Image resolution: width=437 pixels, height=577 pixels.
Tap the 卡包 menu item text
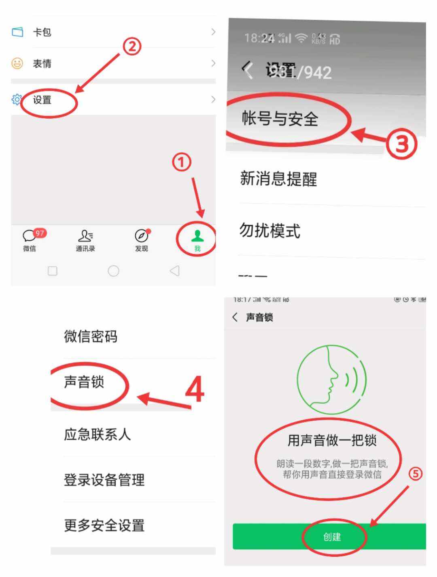[x=42, y=32]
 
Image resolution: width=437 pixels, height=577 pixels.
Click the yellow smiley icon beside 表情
[x=17, y=63]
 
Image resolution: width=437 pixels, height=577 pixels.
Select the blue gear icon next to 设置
[x=17, y=99]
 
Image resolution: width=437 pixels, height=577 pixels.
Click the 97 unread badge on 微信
[x=40, y=233]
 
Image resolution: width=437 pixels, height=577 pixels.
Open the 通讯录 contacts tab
[x=85, y=240]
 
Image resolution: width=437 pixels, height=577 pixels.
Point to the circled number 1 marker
[x=182, y=162]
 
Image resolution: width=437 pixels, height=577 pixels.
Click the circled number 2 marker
[x=132, y=47]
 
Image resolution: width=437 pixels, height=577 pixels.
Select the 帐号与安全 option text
[x=280, y=119]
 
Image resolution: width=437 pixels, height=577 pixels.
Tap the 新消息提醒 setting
[x=278, y=178]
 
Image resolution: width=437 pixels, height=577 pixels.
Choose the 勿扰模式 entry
[x=269, y=231]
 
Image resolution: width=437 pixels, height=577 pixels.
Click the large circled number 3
[x=401, y=144]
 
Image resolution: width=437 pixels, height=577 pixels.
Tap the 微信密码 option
[x=91, y=336]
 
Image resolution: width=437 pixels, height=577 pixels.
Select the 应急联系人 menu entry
[x=97, y=434]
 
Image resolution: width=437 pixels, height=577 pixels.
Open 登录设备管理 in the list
[x=104, y=480]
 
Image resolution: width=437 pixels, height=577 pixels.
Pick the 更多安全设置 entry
[x=104, y=526]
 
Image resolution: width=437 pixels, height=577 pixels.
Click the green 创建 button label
[x=332, y=537]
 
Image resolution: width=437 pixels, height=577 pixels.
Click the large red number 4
[x=195, y=389]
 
